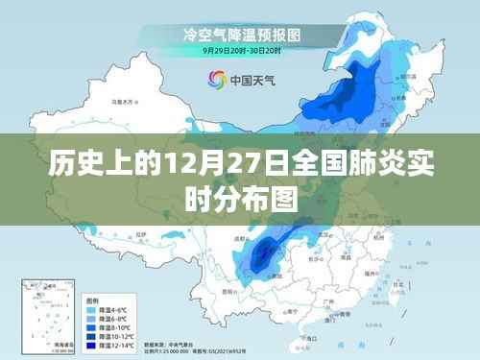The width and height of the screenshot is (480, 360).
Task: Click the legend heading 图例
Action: coord(95,300)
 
